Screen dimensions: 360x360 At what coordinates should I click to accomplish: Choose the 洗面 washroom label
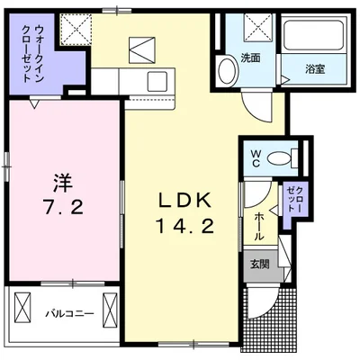click(x=250, y=58)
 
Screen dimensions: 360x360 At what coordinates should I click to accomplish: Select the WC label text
click(x=255, y=158)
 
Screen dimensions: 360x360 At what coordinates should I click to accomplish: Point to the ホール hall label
click(x=259, y=223)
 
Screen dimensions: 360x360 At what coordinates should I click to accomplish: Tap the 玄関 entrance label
click(x=259, y=263)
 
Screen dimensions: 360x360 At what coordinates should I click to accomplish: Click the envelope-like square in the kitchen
click(x=142, y=45)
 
